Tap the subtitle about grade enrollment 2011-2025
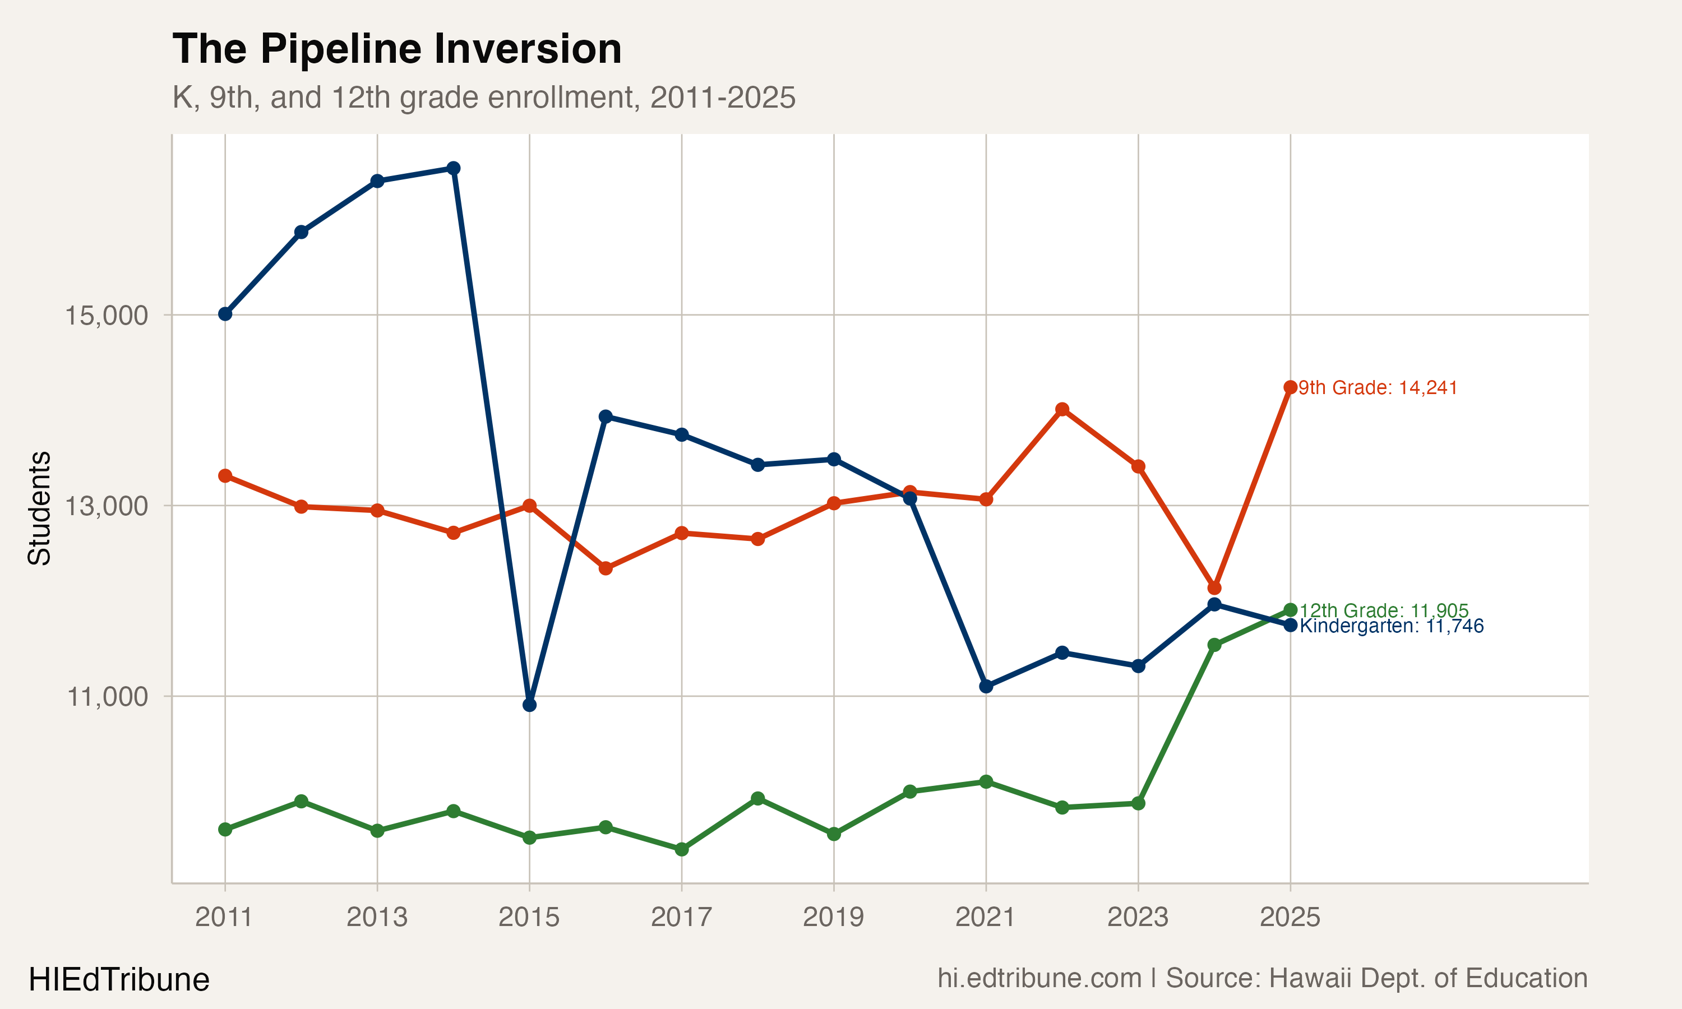[x=483, y=97]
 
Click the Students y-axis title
[x=39, y=508]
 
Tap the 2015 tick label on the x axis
[x=529, y=917]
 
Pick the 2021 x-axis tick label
[x=985, y=917]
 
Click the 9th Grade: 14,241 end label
[x=1378, y=387]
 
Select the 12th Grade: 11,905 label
[x=1384, y=610]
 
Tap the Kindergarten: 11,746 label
[x=1391, y=626]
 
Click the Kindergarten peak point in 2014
[x=454, y=168]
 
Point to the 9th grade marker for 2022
[x=1062, y=409]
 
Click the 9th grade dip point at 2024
[x=1214, y=588]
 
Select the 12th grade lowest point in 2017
[x=682, y=849]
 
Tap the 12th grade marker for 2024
[x=1214, y=645]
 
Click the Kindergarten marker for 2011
[x=225, y=314]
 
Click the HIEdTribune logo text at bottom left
[x=119, y=980]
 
